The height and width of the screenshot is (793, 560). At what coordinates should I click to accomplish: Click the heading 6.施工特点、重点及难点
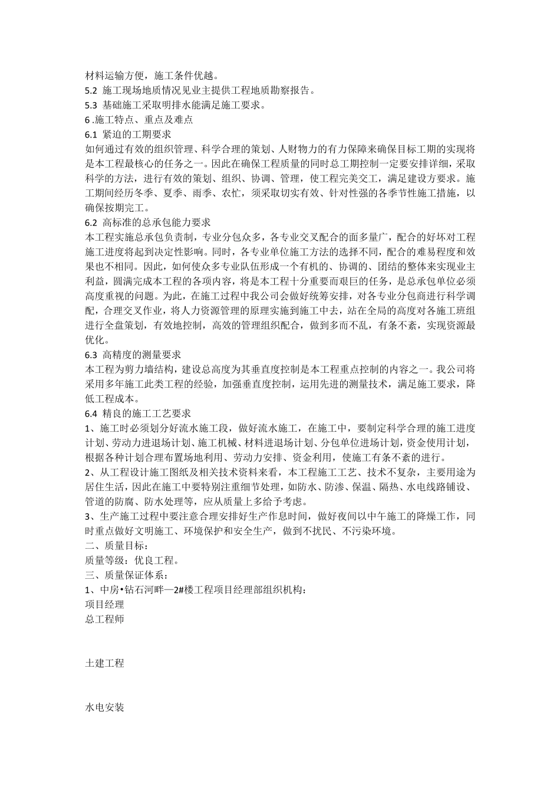pos(139,120)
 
